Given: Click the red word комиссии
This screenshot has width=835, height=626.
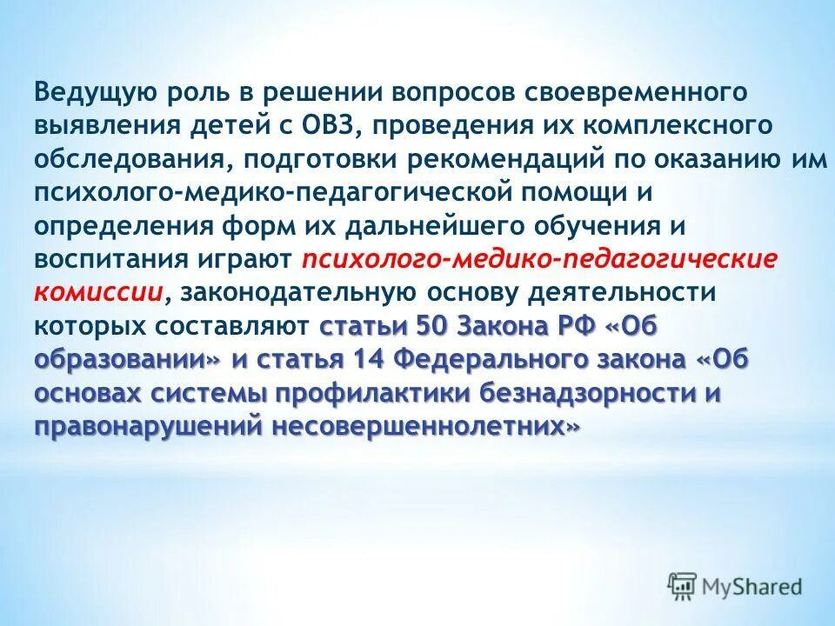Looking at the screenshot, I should coord(98,292).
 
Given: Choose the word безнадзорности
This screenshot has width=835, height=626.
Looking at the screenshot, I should coord(589,393).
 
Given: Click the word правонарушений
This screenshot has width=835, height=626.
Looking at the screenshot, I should coord(150,426).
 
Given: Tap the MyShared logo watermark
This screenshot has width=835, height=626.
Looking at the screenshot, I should coord(736,586).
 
